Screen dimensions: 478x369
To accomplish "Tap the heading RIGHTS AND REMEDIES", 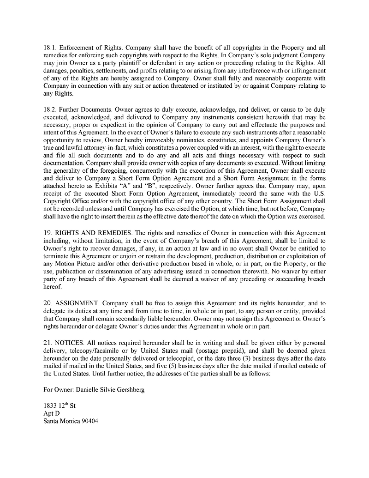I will [94, 233].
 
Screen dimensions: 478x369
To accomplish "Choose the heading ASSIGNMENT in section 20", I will [77, 303].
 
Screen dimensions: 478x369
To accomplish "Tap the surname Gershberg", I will [129, 389].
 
